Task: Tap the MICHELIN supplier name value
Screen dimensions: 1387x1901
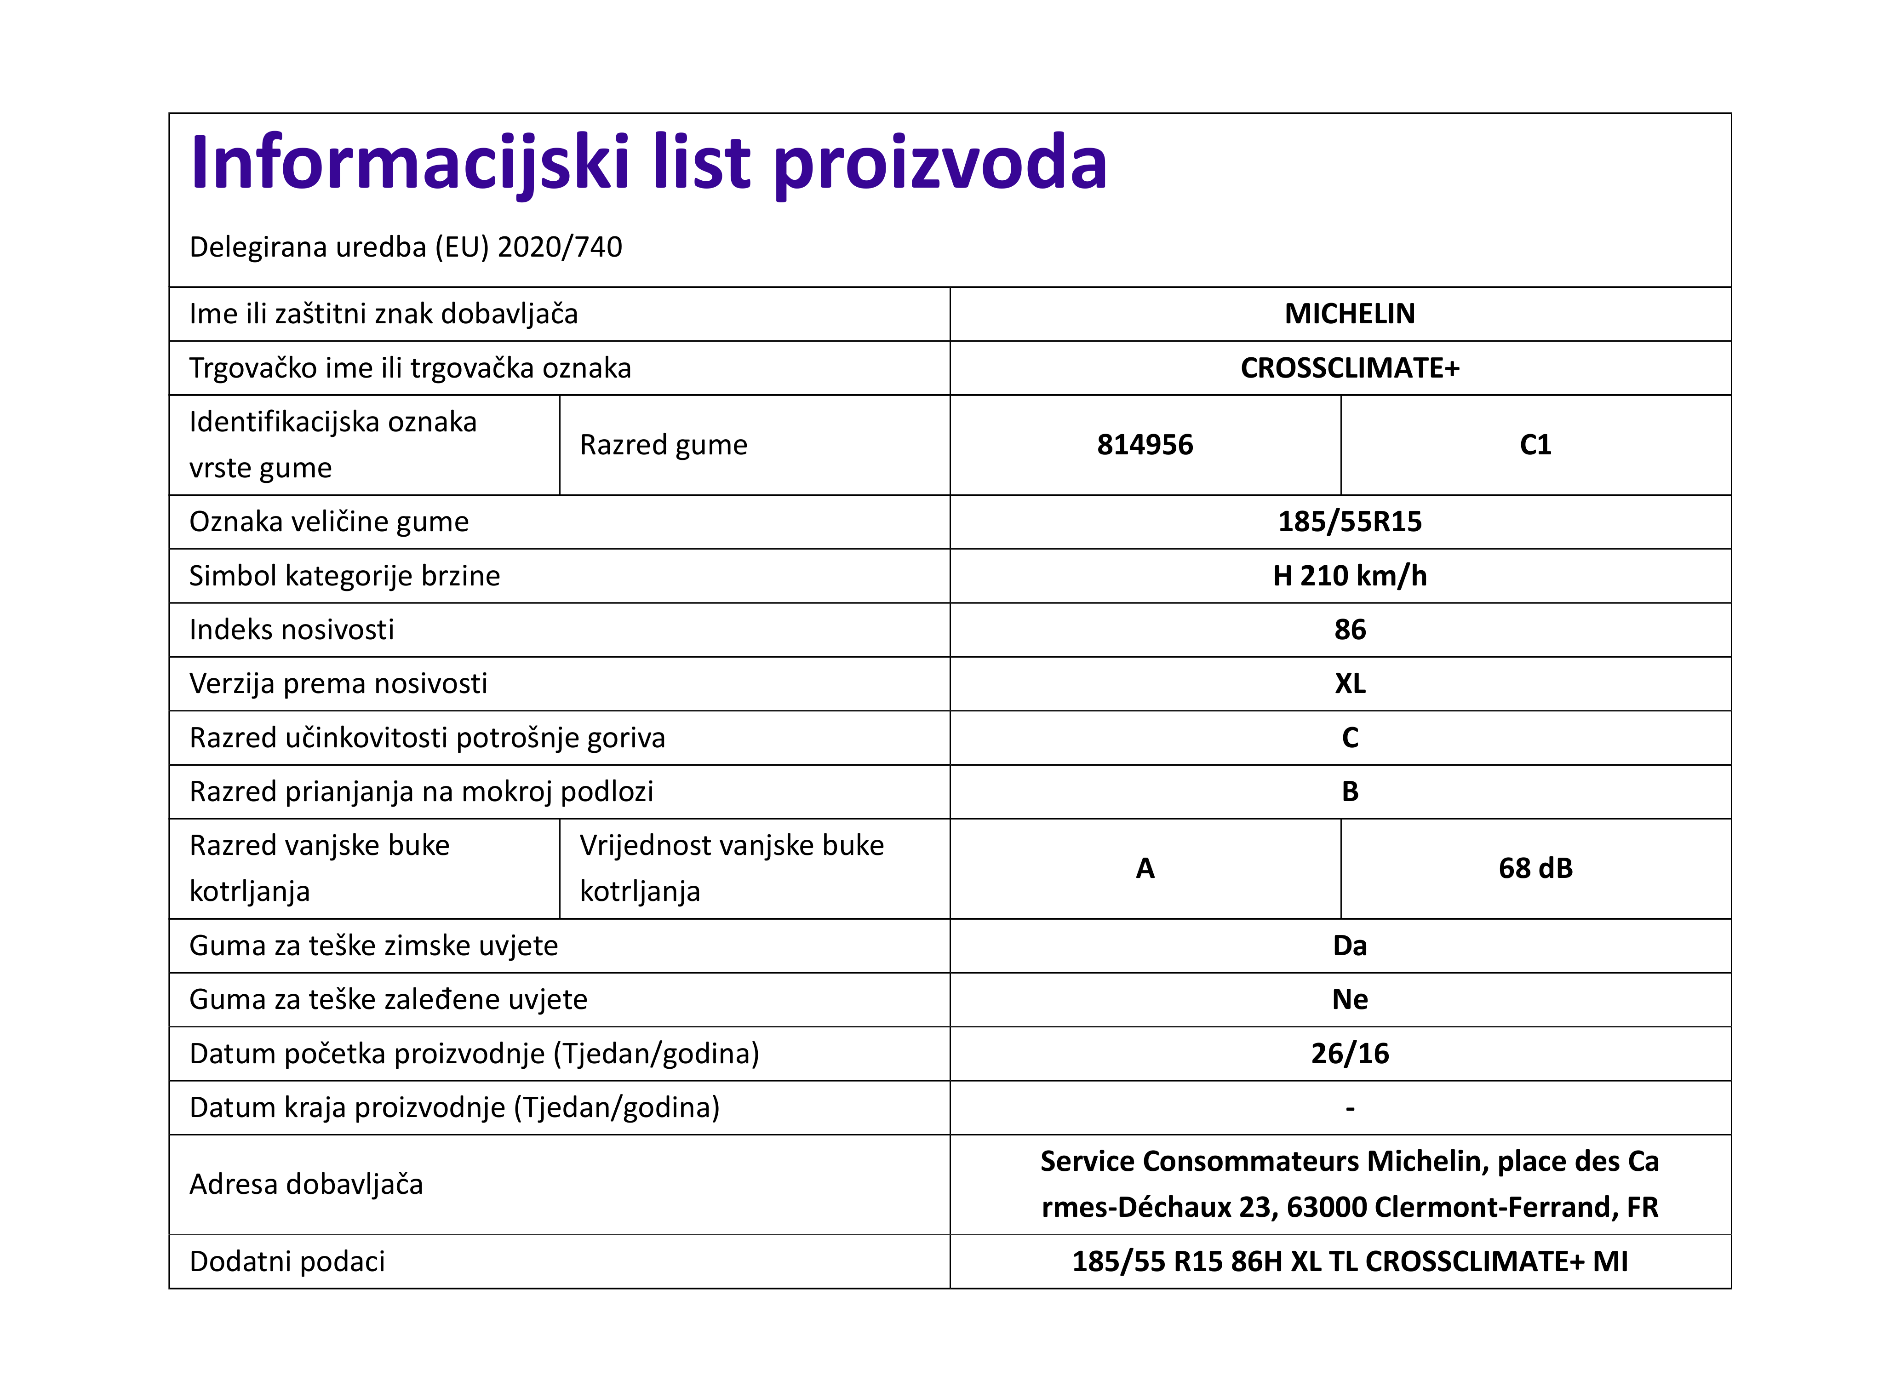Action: (1350, 314)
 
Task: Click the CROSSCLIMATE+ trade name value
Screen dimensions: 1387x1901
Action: (1350, 368)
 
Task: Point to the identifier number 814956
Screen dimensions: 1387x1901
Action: (1145, 445)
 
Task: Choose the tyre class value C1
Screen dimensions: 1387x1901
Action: (1535, 445)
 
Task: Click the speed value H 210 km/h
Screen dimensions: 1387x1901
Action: (1350, 576)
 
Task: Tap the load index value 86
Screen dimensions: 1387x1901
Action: (1350, 630)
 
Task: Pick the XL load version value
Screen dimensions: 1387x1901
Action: (1350, 683)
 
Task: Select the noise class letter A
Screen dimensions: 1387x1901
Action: (1145, 868)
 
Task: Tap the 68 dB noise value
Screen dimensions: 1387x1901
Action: (1535, 868)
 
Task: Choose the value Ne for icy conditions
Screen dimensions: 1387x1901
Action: (1350, 1000)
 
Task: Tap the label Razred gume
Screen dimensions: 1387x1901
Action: (663, 445)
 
